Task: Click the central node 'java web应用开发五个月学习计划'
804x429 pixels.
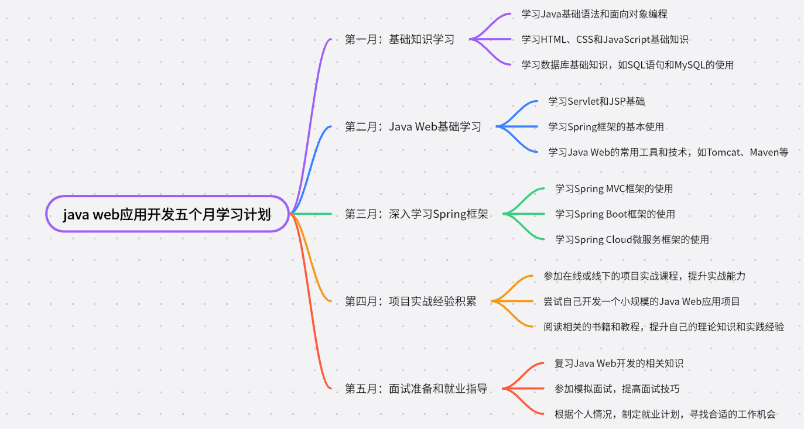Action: [167, 214]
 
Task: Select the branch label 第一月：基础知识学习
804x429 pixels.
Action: [400, 40]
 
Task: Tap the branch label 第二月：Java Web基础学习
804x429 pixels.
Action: [413, 126]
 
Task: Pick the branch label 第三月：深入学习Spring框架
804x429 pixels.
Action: [416, 214]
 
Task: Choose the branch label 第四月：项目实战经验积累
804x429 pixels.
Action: [410, 301]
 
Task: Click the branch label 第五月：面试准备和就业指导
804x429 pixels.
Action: [416, 389]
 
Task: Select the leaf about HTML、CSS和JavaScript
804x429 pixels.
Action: [605, 40]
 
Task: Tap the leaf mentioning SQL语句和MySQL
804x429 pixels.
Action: [627, 65]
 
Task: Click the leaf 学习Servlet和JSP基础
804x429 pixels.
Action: [596, 101]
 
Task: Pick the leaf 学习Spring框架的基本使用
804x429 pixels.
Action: [605, 126]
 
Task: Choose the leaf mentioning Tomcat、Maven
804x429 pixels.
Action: [668, 152]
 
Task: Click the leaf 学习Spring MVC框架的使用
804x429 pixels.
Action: [614, 188]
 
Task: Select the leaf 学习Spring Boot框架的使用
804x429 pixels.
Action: [615, 214]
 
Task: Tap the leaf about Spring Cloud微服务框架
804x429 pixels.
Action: [632, 239]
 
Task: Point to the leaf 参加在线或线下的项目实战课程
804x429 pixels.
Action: [644, 276]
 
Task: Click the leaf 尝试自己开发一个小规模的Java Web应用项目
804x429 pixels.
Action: [641, 301]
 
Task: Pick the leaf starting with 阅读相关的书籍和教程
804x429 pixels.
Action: [663, 327]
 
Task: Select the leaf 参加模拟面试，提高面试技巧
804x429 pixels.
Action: [617, 389]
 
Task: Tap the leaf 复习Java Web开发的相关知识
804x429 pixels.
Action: [618, 363]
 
